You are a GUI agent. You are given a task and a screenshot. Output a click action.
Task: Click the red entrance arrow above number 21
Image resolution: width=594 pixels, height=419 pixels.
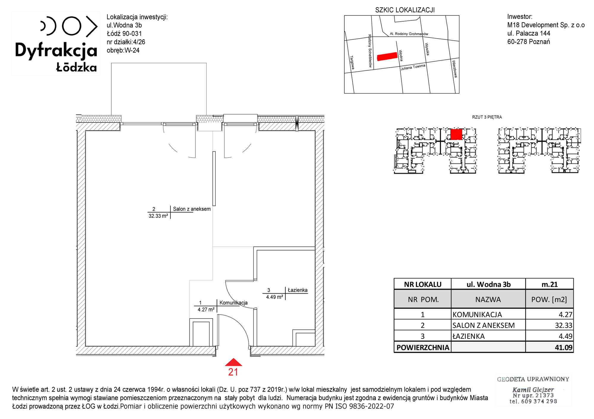(233, 362)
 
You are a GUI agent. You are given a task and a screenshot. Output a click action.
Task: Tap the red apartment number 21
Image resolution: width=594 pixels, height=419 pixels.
(233, 372)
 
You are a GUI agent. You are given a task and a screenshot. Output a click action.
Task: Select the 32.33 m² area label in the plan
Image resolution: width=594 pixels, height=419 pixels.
(158, 216)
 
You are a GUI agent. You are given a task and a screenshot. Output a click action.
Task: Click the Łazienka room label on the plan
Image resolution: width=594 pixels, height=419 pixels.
(298, 290)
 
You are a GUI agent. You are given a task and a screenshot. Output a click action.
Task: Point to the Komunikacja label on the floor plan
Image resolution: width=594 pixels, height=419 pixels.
(233, 303)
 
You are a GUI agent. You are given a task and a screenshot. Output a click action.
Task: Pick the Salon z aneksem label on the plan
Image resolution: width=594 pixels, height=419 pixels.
(192, 209)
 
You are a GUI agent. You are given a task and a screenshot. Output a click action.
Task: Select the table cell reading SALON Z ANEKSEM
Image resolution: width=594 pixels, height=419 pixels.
(484, 325)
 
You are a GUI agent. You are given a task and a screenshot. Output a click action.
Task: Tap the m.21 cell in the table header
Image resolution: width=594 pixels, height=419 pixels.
(549, 284)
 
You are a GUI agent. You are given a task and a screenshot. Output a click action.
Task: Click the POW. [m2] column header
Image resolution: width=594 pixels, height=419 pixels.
(549, 299)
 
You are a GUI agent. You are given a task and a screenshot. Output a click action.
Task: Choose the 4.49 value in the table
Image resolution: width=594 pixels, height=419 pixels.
(565, 336)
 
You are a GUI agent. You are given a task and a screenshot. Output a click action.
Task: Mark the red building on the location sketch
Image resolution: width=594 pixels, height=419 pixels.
(387, 56)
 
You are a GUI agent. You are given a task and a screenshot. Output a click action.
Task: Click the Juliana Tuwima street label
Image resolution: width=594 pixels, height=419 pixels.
(413, 67)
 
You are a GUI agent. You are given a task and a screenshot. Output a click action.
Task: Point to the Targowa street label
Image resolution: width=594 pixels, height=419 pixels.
(352, 63)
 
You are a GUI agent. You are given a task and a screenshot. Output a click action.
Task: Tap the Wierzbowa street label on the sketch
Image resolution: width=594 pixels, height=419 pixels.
(454, 69)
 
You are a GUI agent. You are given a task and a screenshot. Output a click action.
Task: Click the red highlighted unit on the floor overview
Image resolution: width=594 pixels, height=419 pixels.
(456, 134)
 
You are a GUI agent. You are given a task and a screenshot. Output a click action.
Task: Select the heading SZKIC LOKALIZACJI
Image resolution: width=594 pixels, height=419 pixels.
(405, 10)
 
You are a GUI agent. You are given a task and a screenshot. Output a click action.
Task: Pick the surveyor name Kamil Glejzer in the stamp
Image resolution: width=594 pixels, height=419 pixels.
(533, 390)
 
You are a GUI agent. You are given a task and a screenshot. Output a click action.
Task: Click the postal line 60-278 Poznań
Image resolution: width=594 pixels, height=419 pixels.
(529, 42)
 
